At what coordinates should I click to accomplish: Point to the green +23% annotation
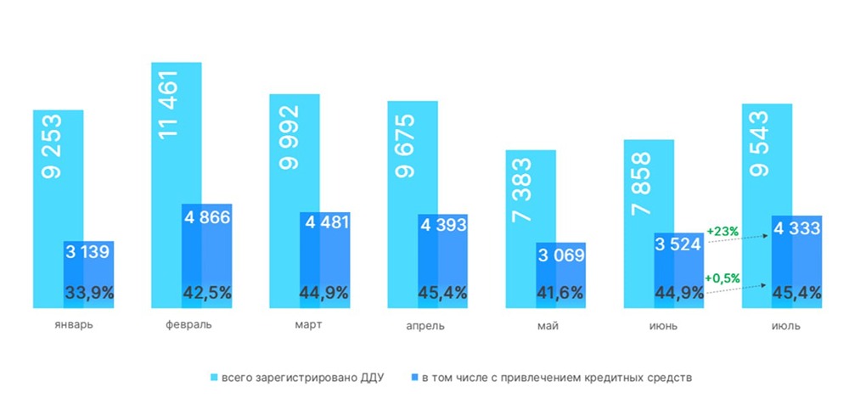coord(723,229)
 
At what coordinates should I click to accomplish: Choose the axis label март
coord(309,326)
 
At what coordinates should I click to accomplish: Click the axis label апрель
coord(425,326)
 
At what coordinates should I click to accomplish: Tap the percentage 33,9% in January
coord(89,294)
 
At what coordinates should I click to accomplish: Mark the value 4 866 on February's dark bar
coord(207,216)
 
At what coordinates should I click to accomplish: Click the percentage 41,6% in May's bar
coord(559,294)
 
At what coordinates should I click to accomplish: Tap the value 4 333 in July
coord(796,228)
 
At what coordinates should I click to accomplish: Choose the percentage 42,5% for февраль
coord(207,294)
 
